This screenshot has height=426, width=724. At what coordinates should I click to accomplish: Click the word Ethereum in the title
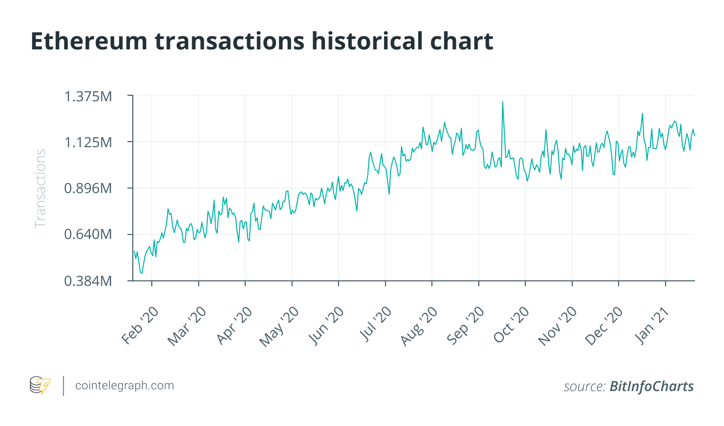[89, 41]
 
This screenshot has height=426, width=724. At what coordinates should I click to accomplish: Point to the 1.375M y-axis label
[88, 96]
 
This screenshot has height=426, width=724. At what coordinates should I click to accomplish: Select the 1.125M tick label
[88, 143]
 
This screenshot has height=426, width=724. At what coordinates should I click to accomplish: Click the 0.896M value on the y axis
[88, 189]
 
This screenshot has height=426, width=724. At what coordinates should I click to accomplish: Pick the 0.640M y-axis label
[88, 234]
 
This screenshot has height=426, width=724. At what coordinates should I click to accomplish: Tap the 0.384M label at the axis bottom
[88, 281]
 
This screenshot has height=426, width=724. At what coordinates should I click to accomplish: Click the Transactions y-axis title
[40, 189]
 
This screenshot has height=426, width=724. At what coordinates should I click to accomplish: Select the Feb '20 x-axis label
[140, 326]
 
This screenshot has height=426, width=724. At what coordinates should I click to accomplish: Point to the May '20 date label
[280, 327]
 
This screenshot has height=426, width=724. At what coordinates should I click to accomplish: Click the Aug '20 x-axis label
[419, 326]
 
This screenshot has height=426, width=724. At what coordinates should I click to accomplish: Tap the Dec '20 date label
[605, 326]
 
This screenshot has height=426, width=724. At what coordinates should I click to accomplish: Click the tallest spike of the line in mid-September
[502, 102]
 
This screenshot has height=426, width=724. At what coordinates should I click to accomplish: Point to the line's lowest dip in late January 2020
[142, 273]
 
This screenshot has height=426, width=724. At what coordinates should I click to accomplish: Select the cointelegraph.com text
[124, 386]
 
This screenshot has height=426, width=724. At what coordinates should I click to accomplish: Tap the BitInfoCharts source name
[652, 387]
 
